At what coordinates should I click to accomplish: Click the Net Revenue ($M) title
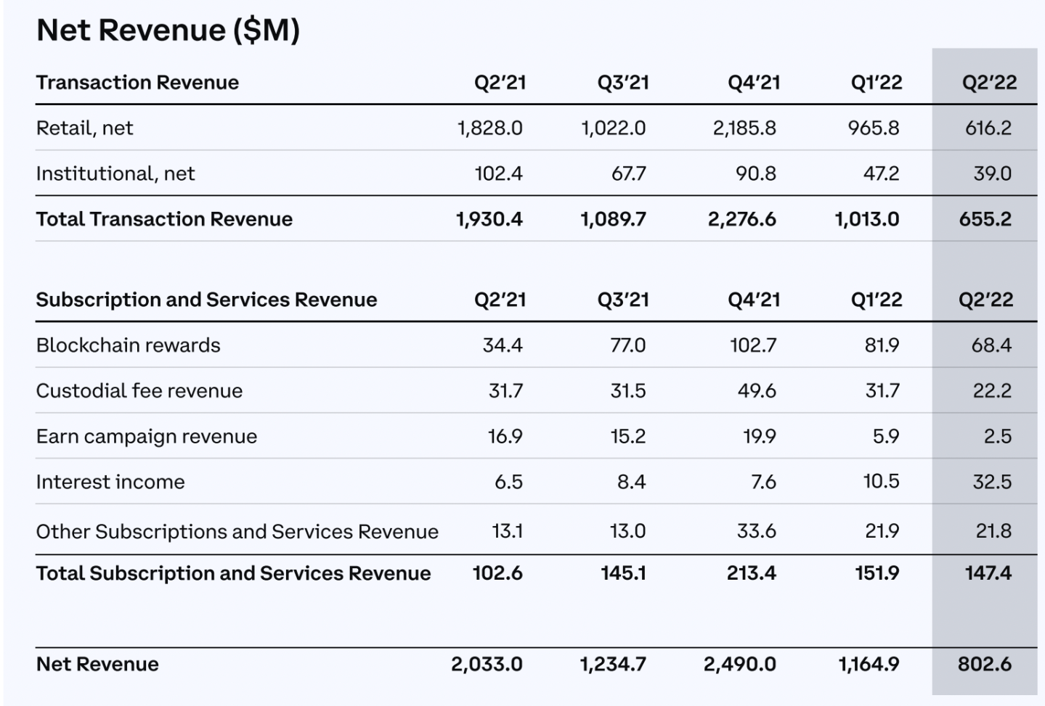pyautogui.click(x=168, y=30)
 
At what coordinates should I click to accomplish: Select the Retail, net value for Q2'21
pyautogui.click(x=489, y=128)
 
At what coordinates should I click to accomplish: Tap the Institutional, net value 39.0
pyautogui.click(x=992, y=174)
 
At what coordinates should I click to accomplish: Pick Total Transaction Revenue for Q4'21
pyautogui.click(x=741, y=219)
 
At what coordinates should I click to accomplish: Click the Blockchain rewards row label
pyautogui.click(x=128, y=345)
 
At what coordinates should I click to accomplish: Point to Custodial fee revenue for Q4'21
pyautogui.click(x=757, y=391)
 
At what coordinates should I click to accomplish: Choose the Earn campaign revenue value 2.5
pyautogui.click(x=997, y=437)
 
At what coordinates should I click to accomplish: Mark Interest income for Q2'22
pyautogui.click(x=992, y=482)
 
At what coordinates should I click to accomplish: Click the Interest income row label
pyautogui.click(x=110, y=482)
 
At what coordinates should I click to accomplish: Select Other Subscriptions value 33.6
pyautogui.click(x=756, y=531)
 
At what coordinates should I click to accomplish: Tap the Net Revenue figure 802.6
pyautogui.click(x=984, y=664)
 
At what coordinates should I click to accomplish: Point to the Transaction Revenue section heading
pyautogui.click(x=137, y=83)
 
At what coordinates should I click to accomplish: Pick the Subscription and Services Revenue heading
pyautogui.click(x=206, y=300)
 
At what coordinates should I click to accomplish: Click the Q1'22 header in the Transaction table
pyautogui.click(x=877, y=83)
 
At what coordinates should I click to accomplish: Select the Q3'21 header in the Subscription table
pyautogui.click(x=623, y=300)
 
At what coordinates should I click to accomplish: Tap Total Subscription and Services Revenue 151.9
pyautogui.click(x=877, y=573)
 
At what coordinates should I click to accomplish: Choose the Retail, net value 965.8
pyautogui.click(x=873, y=128)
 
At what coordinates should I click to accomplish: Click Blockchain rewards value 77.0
pyautogui.click(x=627, y=345)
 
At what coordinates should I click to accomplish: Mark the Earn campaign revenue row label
pyautogui.click(x=147, y=437)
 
